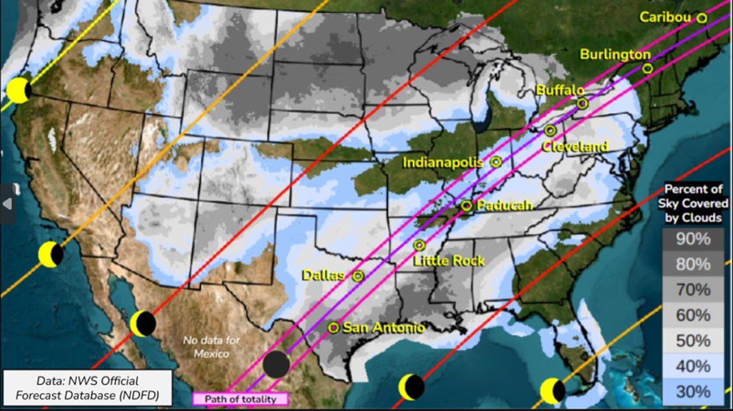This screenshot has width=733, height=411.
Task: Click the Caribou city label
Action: [664, 17]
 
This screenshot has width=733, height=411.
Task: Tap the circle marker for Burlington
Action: [647, 68]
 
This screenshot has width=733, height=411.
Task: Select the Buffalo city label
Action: [560, 90]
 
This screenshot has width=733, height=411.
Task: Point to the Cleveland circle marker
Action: [550, 130]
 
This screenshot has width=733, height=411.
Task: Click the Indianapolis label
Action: [442, 162]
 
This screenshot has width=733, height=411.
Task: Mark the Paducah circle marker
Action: [466, 206]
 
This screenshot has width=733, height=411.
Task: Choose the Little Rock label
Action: [449, 260]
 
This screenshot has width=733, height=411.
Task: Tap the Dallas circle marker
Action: [357, 276]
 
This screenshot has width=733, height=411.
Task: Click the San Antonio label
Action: [383, 328]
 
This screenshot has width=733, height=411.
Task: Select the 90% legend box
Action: [693, 239]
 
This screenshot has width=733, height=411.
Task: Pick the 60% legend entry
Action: [693, 315]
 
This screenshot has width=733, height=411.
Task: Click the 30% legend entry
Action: [693, 391]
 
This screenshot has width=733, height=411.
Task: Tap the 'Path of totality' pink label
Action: [240, 399]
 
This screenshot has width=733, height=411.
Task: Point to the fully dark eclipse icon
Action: [276, 364]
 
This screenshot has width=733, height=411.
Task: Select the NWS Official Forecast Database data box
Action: [86, 388]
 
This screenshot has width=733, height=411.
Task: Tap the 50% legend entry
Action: [693, 340]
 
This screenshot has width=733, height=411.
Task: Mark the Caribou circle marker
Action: [701, 18]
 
